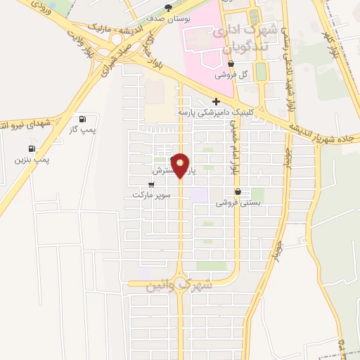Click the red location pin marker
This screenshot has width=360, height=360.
pos(181,165)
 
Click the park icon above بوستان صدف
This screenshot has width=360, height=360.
pos(167,8)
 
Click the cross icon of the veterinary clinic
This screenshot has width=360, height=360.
pos(216,101)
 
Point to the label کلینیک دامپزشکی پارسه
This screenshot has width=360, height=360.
pos(216,112)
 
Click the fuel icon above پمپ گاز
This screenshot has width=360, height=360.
pos(84,119)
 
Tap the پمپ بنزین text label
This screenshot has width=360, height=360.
pos(32,160)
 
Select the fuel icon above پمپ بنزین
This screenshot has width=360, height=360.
pos(32,149)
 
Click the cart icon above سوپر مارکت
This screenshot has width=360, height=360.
pos(151,184)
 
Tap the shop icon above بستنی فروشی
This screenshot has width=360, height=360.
pos(238,191)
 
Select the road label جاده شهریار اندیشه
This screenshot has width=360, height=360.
pos(323,131)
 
